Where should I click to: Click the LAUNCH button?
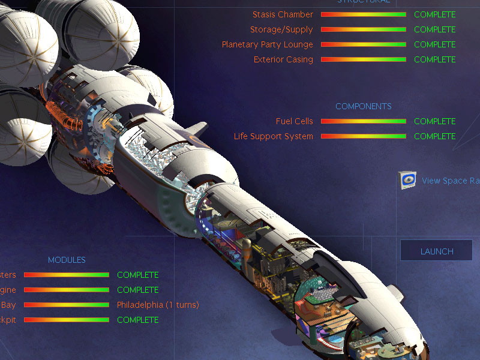[x=436, y=251]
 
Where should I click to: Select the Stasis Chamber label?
[x=283, y=14]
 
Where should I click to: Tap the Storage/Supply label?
[x=281, y=29]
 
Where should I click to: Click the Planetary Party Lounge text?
[x=267, y=44]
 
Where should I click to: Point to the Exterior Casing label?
[x=283, y=59]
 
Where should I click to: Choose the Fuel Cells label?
[x=294, y=121]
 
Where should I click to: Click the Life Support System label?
[x=273, y=136]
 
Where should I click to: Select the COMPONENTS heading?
[x=363, y=106]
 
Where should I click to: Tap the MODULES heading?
[x=67, y=260]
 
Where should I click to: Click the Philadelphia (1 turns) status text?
[x=158, y=305]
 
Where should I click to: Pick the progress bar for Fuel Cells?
[x=363, y=121]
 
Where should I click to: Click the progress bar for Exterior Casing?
[x=363, y=59]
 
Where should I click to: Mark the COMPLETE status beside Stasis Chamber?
[x=434, y=14]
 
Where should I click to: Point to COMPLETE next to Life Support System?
[x=434, y=136]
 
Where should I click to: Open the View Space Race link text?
[x=451, y=181]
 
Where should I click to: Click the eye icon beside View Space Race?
[x=408, y=180]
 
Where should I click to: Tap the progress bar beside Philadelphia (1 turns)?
[x=66, y=305]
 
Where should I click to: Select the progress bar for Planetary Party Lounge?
[x=363, y=44]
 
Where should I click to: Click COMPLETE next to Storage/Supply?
[x=434, y=29]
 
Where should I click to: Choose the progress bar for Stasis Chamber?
[x=363, y=14]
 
